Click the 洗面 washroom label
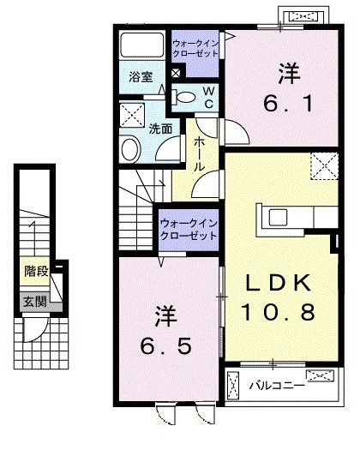pyautogui.click(x=159, y=129)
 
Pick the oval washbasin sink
pyautogui.click(x=131, y=150)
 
